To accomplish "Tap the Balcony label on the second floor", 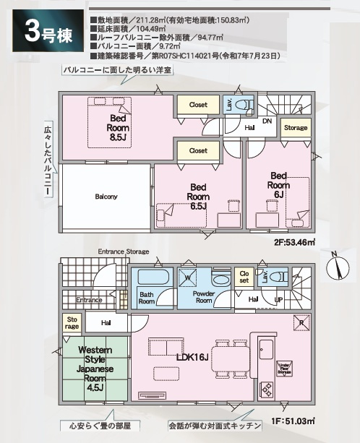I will tap(106, 196).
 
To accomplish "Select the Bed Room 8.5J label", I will tap(119, 127).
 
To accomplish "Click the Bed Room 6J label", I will tap(280, 184).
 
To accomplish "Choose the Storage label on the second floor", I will tap(295, 128).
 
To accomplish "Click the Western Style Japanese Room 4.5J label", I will tap(95, 367).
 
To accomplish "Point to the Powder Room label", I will tap(204, 296).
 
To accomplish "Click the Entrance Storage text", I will tap(124, 251).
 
